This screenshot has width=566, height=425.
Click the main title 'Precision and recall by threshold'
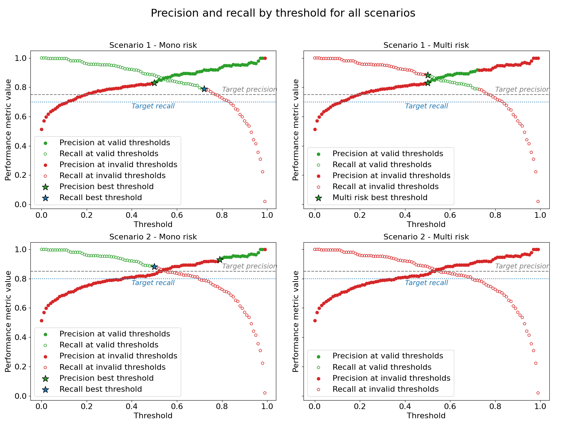click(283, 13)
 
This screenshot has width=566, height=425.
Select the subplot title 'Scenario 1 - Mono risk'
click(153, 45)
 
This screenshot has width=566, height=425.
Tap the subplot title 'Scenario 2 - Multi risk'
click(426, 237)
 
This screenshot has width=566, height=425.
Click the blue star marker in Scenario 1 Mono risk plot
click(204, 89)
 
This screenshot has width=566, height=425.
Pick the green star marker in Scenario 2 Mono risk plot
click(220, 260)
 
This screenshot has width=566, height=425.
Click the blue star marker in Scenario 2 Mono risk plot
click(154, 266)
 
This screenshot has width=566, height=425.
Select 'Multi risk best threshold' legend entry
click(380, 198)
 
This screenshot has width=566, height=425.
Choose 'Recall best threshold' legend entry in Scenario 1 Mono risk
click(100, 198)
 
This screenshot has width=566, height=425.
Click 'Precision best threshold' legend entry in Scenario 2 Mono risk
click(106, 378)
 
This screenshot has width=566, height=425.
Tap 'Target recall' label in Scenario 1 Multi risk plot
click(426, 106)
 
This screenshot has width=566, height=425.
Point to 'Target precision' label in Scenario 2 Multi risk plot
click(522, 266)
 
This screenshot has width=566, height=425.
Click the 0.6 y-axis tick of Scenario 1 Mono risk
click(22, 117)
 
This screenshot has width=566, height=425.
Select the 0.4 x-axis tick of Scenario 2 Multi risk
click(405, 407)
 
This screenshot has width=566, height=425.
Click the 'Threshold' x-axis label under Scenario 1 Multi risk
click(426, 224)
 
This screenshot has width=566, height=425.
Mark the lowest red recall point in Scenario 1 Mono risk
click(265, 202)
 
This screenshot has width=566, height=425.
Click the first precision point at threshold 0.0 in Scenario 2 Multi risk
click(315, 321)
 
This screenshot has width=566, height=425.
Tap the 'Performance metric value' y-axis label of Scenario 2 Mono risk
click(8, 321)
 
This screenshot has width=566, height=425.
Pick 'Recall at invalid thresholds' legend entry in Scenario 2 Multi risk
click(385, 389)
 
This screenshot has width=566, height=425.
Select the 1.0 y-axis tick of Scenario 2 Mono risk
click(22, 249)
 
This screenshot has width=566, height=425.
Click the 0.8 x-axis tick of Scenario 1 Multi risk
click(495, 215)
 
